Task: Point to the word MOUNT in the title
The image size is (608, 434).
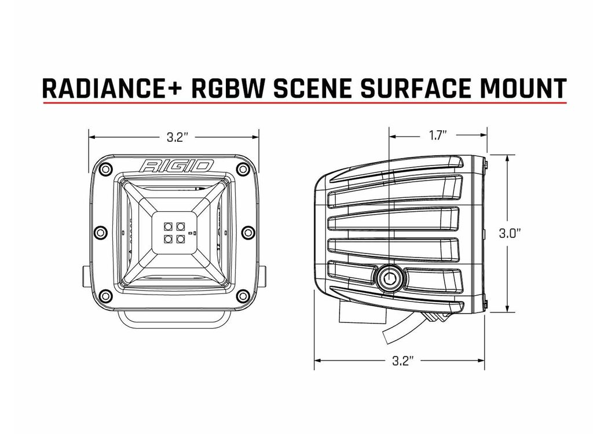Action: (524, 89)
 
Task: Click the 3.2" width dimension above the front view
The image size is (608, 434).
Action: (177, 137)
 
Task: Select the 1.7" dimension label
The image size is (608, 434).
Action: (438, 135)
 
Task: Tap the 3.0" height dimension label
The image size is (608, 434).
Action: (510, 233)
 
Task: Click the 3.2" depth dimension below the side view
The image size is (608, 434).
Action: (401, 361)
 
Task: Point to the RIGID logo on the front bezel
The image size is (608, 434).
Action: (177, 166)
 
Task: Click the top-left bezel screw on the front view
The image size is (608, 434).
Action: (104, 169)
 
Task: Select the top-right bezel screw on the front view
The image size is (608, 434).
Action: (243, 169)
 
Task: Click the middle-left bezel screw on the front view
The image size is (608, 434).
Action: (100, 232)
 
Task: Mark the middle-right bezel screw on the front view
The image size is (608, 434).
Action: (248, 232)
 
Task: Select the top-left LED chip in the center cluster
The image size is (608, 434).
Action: (169, 226)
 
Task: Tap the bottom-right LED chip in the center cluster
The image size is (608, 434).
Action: (180, 239)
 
